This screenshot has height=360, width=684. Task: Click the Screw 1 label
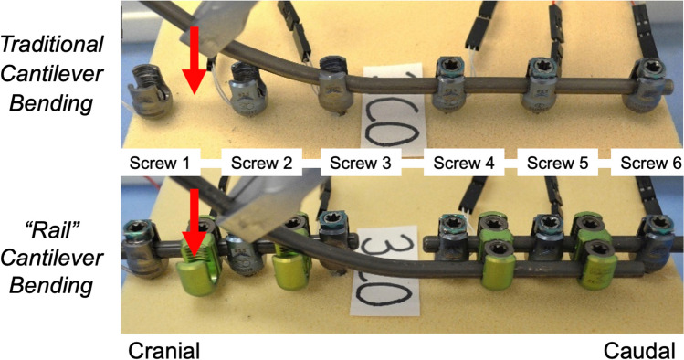tap(160, 163)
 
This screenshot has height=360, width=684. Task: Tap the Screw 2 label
tap(261, 163)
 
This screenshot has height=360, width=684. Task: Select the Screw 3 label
tap(361, 163)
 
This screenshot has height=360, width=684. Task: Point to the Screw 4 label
tap(464, 163)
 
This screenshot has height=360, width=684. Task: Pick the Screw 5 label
tap(557, 163)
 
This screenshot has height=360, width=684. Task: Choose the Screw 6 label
tap(651, 163)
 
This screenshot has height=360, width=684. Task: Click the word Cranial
tap(164, 350)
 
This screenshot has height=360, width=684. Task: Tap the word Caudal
tap(639, 350)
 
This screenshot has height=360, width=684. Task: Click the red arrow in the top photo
tap(195, 60)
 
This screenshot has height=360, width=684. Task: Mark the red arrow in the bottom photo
tap(195, 223)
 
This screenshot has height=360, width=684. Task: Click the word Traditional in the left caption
tap(52, 45)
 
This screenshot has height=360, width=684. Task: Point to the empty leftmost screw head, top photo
tap(150, 90)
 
